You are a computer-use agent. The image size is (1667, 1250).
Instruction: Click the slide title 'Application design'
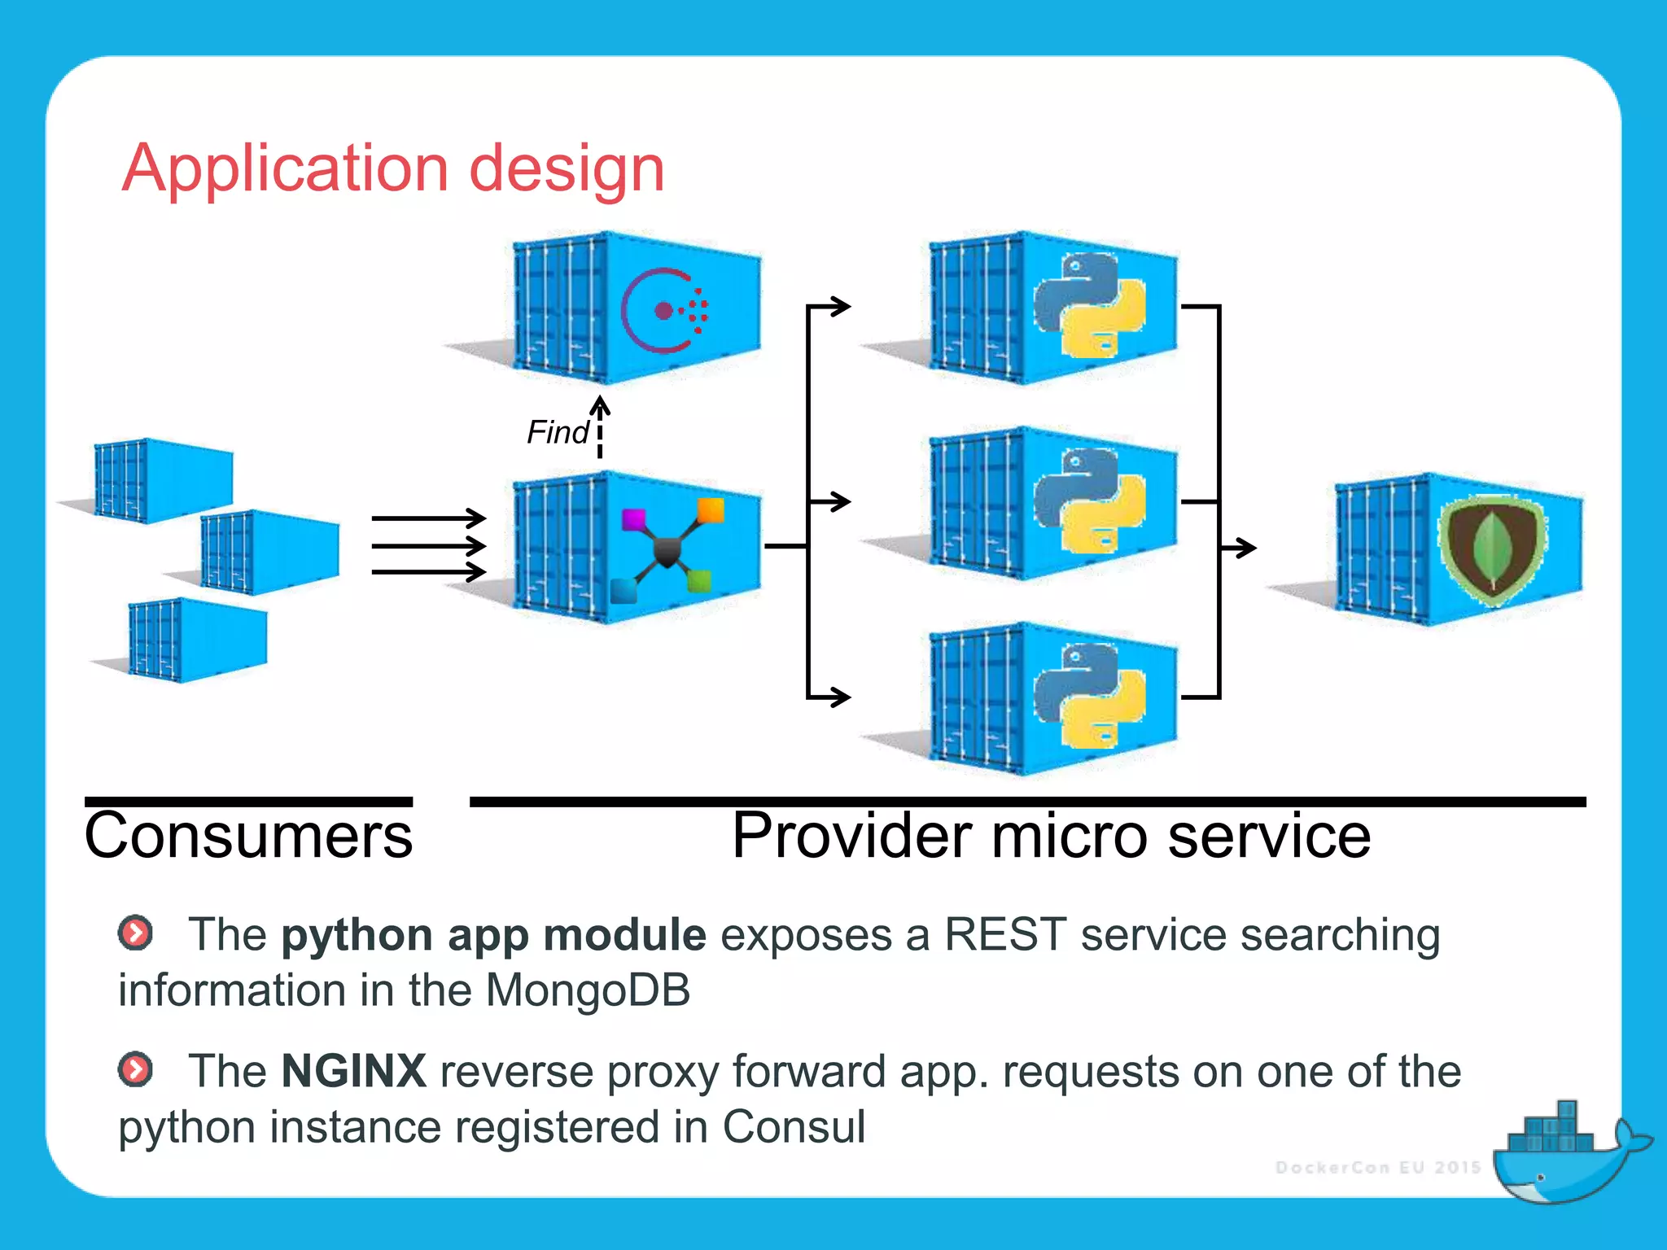click(393, 168)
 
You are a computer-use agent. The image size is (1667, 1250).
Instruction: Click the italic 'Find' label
click(558, 432)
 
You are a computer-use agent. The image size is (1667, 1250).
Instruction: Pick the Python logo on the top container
click(1089, 305)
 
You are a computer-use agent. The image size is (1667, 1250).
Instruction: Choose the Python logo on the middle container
click(1089, 500)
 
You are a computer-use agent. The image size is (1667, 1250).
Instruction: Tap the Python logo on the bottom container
click(1089, 696)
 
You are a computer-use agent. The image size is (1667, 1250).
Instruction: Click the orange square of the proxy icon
click(711, 510)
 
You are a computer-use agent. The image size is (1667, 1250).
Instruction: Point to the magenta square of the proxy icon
click(633, 519)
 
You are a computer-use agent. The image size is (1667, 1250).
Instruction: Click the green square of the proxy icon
click(699, 581)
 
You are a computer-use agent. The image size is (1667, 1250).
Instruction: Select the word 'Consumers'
click(249, 837)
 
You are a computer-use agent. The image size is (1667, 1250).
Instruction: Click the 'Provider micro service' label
click(1051, 837)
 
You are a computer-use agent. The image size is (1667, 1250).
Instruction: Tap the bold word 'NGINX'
click(353, 1071)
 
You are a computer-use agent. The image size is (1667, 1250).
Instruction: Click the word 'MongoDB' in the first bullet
click(588, 991)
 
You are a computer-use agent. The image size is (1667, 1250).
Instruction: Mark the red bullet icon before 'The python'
click(135, 933)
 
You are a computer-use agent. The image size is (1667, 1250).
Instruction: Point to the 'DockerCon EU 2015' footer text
click(1377, 1168)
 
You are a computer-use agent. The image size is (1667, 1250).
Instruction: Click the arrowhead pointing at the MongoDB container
click(1245, 548)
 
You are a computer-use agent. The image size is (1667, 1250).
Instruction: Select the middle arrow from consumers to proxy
click(429, 546)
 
